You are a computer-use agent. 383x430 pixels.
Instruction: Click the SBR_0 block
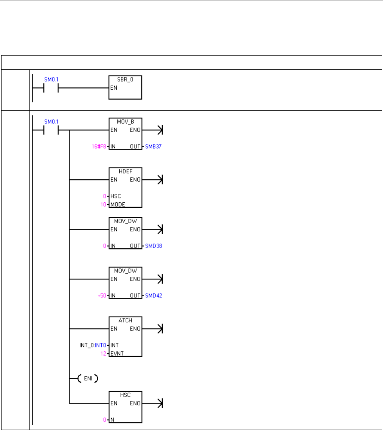(x=125, y=87)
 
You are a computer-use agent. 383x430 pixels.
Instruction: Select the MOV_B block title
(x=125, y=121)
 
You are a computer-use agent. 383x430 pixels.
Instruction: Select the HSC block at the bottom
(x=125, y=407)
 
